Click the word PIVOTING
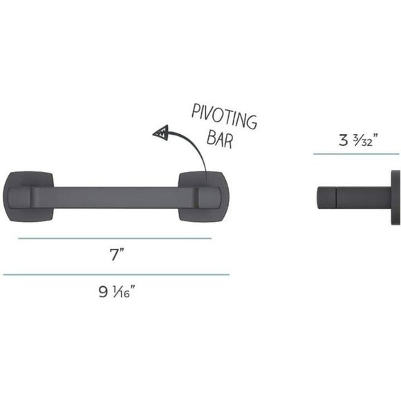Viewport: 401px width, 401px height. pyautogui.click(x=224, y=116)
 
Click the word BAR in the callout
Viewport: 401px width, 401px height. pyautogui.click(x=220, y=140)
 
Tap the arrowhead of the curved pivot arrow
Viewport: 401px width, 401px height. pyautogui.click(x=161, y=133)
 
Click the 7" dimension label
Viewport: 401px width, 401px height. pyautogui.click(x=117, y=254)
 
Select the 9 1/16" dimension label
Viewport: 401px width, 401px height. pyautogui.click(x=117, y=291)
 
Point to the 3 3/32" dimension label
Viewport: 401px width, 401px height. pyautogui.click(x=358, y=140)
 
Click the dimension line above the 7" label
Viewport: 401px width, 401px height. pyautogui.click(x=115, y=239)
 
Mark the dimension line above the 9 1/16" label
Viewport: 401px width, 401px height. pyautogui.click(x=116, y=274)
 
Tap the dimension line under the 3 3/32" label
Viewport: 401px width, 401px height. pyautogui.click(x=356, y=154)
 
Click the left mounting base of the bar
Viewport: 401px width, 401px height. pyautogui.click(x=28, y=196)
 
